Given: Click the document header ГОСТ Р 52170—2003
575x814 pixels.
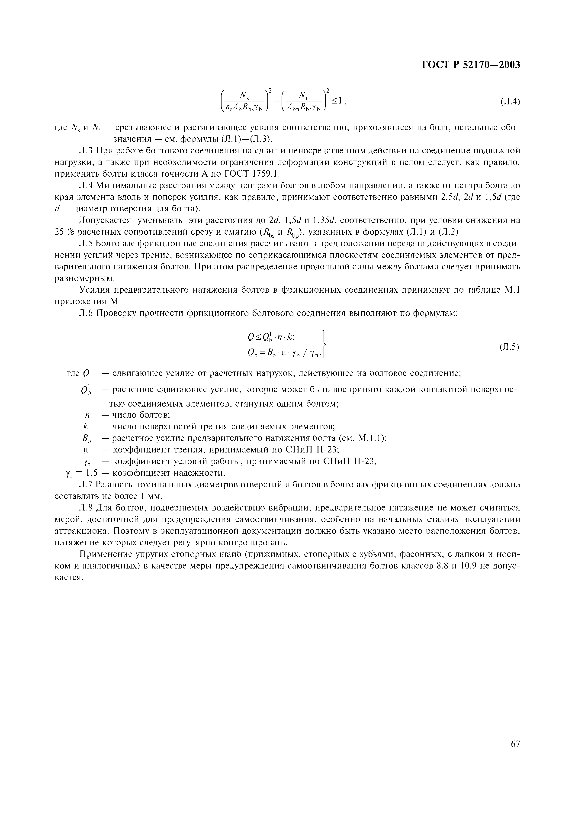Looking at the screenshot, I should click(x=471, y=65).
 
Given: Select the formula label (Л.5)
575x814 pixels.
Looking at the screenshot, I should click(x=509, y=347).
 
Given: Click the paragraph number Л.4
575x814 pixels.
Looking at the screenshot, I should click(x=86, y=185).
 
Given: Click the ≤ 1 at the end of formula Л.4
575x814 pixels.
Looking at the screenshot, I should click(x=336, y=101).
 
